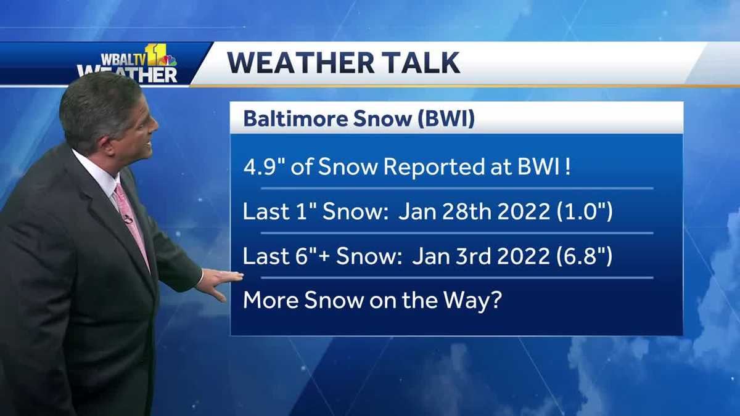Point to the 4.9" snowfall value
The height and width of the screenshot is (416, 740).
point(266,167)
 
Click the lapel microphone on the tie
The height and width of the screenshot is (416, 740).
point(128,218)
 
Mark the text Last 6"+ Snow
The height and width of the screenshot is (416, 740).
point(318,256)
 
